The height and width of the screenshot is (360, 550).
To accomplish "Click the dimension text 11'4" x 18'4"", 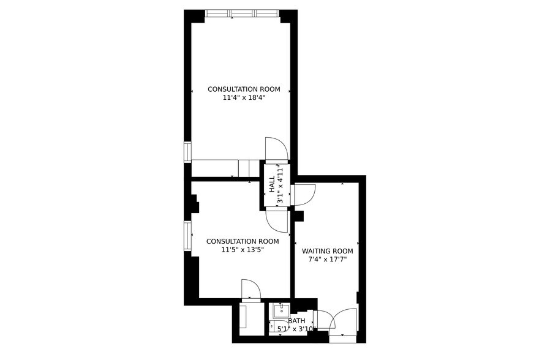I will [244, 97].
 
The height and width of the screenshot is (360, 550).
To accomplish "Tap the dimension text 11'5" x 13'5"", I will [242, 250].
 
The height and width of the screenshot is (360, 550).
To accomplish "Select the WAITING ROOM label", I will [327, 251].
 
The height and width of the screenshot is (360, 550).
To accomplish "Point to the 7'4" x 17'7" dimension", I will [327, 260].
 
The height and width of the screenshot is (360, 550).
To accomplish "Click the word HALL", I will [271, 184].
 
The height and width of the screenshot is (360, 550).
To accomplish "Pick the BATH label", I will [296, 321].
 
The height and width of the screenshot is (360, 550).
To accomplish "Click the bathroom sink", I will [281, 310].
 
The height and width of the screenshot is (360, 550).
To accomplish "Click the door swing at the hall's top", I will [276, 149].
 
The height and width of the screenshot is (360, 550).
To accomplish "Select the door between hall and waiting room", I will [303, 194].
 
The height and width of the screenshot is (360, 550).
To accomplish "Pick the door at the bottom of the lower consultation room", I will [251, 290].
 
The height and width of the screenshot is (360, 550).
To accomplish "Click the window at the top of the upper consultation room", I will [242, 13].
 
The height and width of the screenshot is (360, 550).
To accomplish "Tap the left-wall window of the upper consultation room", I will [187, 152].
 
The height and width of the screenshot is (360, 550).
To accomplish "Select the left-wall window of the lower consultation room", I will [187, 236].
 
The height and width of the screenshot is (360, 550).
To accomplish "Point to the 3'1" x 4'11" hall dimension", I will [281, 184].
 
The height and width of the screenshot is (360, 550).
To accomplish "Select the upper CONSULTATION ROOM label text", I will [244, 89].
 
